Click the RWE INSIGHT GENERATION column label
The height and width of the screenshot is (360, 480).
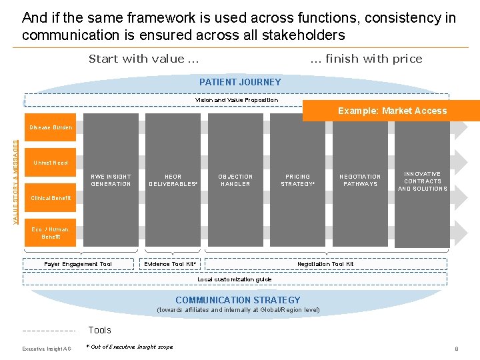[x=111, y=180]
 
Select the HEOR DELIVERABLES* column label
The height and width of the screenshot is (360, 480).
[x=173, y=180]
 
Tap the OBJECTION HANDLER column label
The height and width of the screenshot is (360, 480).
[x=235, y=180]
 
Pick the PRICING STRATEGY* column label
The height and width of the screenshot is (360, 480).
[x=297, y=180]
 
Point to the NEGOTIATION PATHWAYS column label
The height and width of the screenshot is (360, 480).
[x=360, y=180]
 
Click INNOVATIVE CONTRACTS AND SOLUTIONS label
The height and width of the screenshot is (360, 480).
[x=422, y=181]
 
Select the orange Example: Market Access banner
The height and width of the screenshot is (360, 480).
[x=392, y=111]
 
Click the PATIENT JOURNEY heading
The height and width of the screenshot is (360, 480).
[x=240, y=82]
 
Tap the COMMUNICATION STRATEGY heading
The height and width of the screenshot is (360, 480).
[x=238, y=300]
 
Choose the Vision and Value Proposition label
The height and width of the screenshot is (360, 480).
[x=237, y=100]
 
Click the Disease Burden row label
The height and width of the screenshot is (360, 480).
[x=51, y=127]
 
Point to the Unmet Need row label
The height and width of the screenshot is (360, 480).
[x=51, y=163]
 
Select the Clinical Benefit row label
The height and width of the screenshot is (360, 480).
[x=51, y=198]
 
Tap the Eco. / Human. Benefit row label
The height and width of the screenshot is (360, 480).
[x=51, y=233]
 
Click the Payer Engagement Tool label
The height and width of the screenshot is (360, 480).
[x=78, y=264]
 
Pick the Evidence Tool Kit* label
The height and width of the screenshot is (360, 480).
[x=171, y=264]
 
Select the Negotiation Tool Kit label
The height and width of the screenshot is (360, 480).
[x=325, y=264]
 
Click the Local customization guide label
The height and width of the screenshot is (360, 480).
[x=235, y=279]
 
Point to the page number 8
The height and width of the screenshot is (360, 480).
[x=456, y=348]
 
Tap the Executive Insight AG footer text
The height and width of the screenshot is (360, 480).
[x=47, y=349]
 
